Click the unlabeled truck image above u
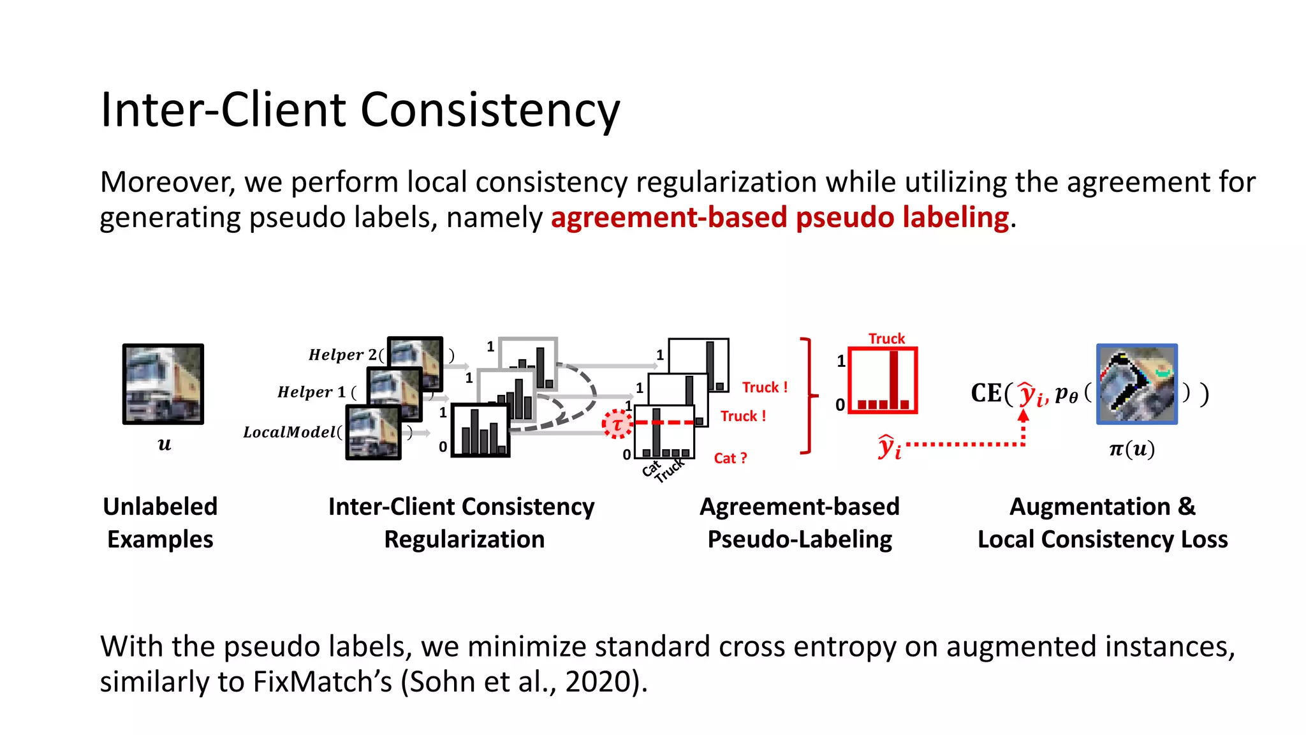click(163, 384)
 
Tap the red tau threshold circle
click(617, 424)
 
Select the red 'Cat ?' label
click(730, 458)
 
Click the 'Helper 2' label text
click(342, 355)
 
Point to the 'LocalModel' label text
click(289, 433)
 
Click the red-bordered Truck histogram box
click(883, 381)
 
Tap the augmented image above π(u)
click(1136, 384)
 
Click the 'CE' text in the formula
click(986, 393)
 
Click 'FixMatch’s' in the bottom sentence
click(322, 681)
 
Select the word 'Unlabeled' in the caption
click(160, 507)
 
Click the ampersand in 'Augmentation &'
click(1186, 507)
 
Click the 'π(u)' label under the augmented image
click(1132, 449)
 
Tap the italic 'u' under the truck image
click(165, 444)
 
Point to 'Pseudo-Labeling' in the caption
click(800, 540)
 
